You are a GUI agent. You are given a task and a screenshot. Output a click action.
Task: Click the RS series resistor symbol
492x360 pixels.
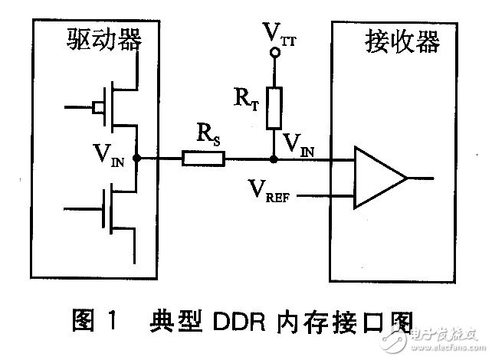(203, 159)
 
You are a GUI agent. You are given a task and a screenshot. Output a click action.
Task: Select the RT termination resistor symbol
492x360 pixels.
(274, 108)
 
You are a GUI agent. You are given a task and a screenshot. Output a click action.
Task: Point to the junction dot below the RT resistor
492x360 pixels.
(274, 159)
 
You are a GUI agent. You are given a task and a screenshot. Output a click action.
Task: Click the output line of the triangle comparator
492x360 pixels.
(422, 178)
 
